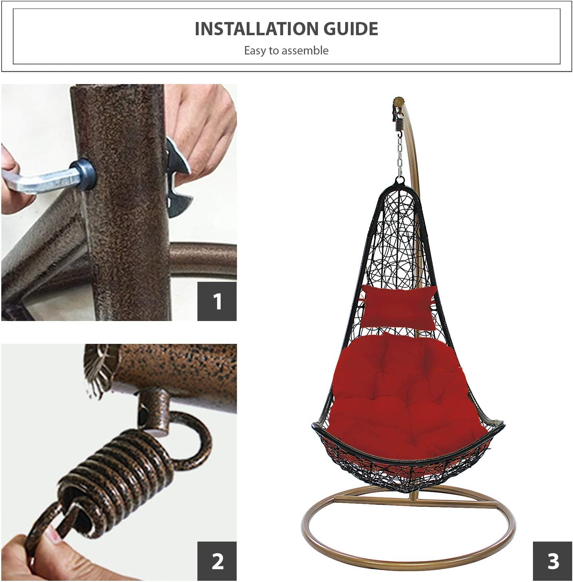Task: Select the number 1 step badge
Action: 217,301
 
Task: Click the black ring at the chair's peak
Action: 400,181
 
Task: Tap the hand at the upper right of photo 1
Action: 201,127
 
